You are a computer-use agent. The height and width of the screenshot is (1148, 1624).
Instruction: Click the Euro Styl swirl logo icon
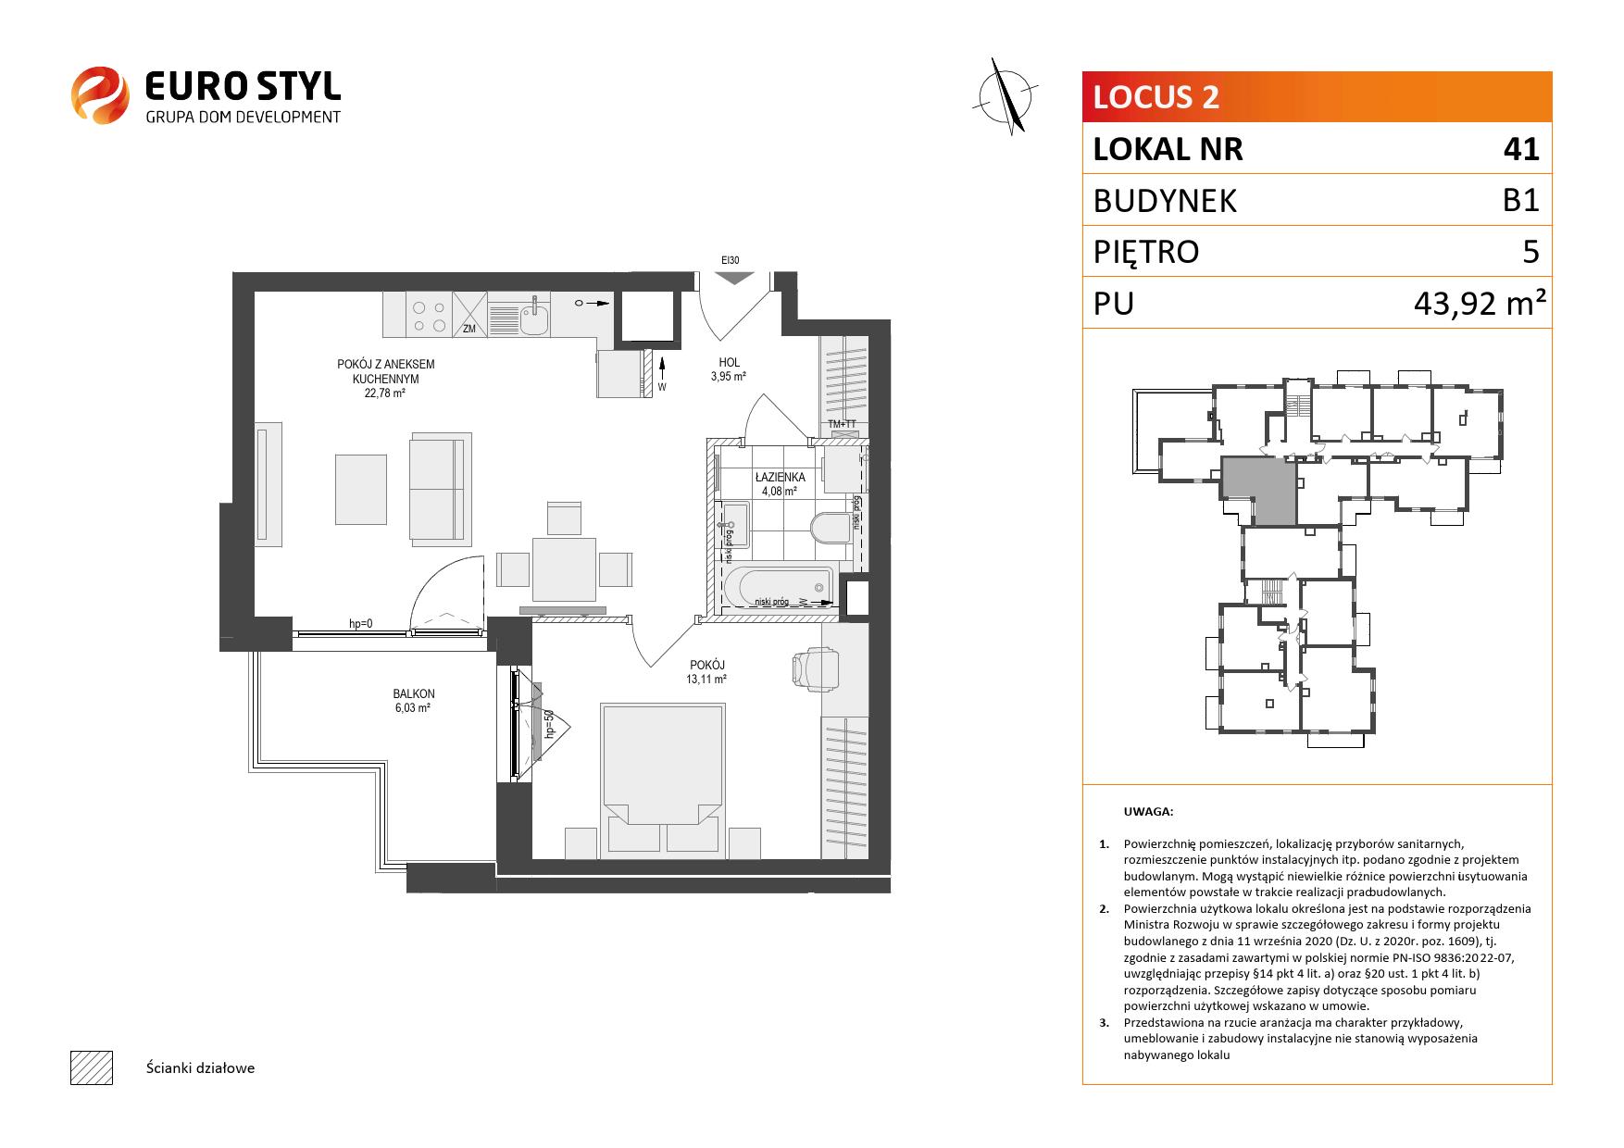coord(99,94)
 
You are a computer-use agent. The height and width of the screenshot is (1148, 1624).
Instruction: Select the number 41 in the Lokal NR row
coord(1520,149)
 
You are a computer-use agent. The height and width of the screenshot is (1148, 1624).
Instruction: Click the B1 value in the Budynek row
coord(1520,201)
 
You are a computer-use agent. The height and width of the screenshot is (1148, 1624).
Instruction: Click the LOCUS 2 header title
coord(1156,97)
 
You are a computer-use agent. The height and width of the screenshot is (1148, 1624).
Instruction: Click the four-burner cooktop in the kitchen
coord(429,315)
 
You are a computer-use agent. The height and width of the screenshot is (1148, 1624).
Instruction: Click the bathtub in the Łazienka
coord(778,588)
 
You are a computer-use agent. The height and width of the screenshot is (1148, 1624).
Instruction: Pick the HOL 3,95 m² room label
coord(729,369)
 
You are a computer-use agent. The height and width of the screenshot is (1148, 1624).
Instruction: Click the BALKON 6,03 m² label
coord(414,701)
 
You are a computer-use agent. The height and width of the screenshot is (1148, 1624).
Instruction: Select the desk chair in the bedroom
coord(816,668)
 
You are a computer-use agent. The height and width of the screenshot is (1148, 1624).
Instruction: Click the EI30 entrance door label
coord(732,261)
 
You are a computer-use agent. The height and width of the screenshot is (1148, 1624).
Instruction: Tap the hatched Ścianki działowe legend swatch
coord(92,1067)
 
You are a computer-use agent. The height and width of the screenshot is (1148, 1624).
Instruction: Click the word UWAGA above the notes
coord(1148,812)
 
